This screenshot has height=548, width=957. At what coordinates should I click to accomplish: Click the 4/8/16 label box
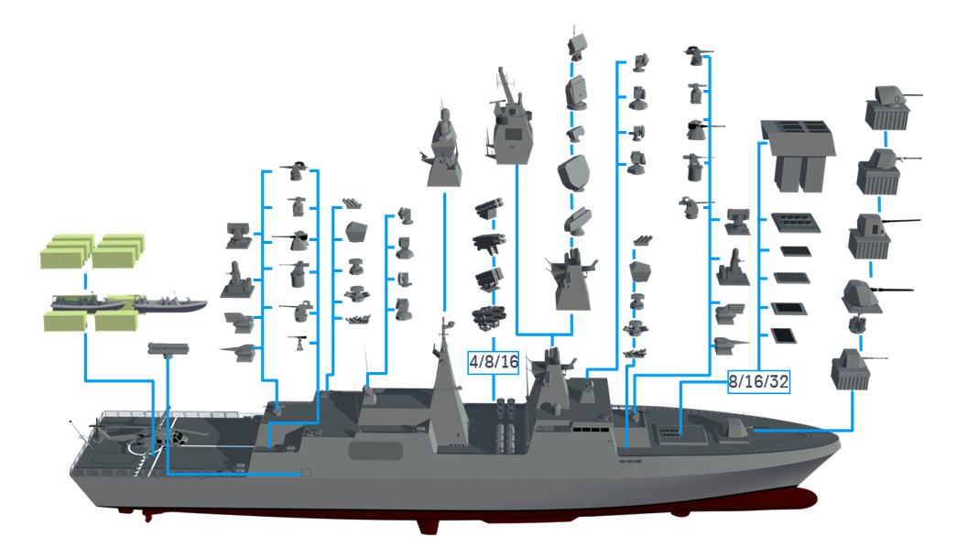(x=494, y=362)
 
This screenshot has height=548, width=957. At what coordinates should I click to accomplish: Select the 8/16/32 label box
(x=758, y=381)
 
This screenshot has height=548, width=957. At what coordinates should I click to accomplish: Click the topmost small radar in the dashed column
(x=578, y=43)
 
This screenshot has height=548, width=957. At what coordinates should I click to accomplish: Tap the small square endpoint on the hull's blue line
(x=305, y=473)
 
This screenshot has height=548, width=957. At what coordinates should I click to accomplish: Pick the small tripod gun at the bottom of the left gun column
(x=301, y=343)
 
